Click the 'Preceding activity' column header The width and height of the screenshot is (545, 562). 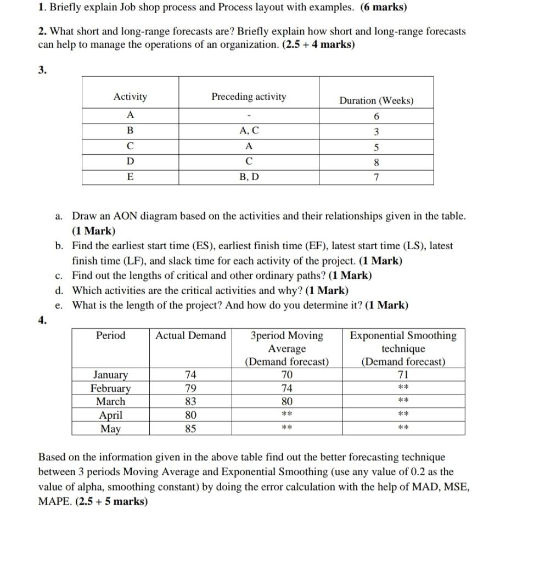point(249,97)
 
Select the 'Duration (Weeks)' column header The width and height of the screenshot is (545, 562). point(376,101)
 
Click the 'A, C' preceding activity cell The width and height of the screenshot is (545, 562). point(249,131)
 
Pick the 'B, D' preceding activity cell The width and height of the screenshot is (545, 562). point(249,178)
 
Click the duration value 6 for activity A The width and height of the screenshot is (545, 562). point(377,116)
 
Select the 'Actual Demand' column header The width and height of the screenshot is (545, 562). point(190,336)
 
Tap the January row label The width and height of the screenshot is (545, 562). point(110,375)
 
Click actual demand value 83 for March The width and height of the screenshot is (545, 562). point(190,401)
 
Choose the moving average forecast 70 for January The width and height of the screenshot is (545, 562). point(286,375)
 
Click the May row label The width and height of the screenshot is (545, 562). point(110,429)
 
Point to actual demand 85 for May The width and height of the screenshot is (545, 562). point(190,429)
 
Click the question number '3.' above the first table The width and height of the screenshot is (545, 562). point(42,70)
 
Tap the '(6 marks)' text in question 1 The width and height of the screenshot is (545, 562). point(383,8)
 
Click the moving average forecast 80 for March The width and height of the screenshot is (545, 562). point(286,401)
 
